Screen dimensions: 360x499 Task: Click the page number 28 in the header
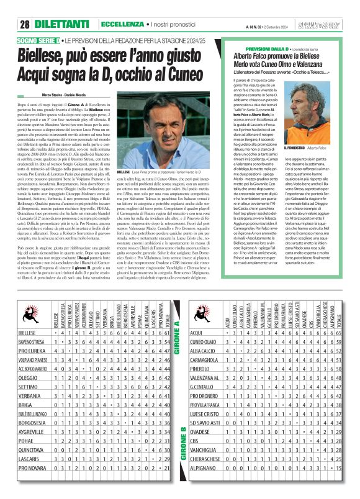(x=25, y=24)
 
